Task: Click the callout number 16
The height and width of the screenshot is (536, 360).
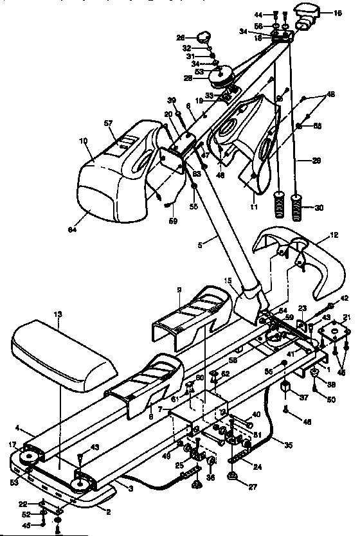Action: [337, 13]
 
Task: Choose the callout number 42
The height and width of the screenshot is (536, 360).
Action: [345, 298]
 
